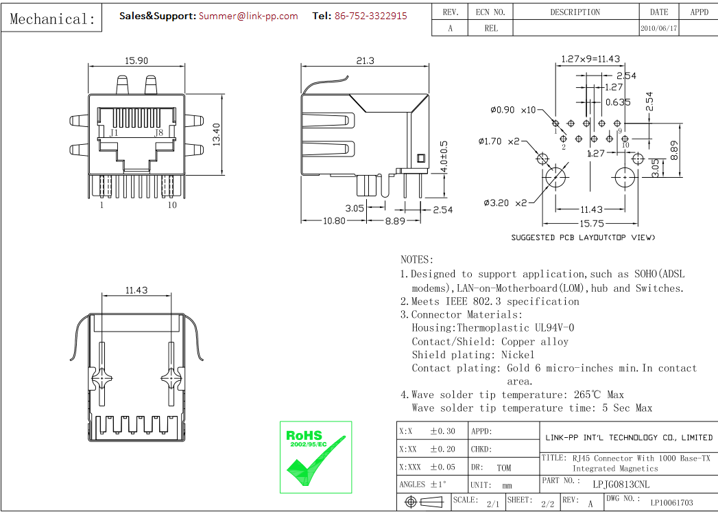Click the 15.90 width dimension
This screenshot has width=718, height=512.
[x=136, y=60]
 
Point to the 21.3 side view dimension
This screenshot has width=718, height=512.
[x=365, y=60]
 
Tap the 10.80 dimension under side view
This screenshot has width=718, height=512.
[x=334, y=220]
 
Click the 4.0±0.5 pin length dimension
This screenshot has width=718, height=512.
[x=444, y=157]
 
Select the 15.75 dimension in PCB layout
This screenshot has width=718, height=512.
[x=591, y=224]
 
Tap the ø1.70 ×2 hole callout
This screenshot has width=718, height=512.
[x=499, y=141]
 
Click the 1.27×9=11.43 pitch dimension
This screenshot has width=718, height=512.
[x=590, y=59]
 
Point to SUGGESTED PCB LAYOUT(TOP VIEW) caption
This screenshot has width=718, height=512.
[x=583, y=237]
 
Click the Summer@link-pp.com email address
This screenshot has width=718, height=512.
[x=248, y=16]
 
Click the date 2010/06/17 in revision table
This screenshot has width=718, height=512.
[x=658, y=29]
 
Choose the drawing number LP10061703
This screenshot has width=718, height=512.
[x=671, y=503]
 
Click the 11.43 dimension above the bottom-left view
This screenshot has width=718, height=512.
[x=136, y=290]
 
